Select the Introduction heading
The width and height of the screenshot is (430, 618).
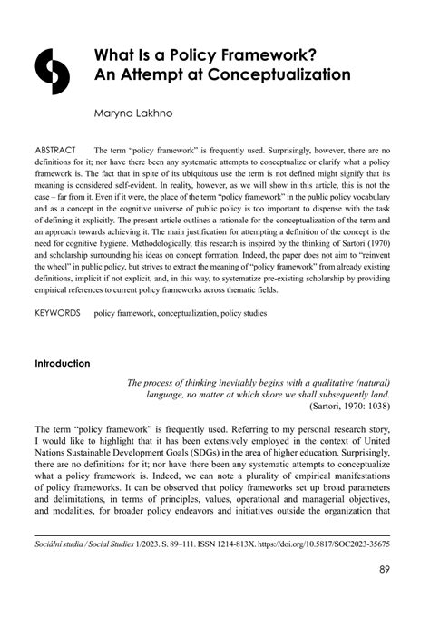pyautogui.click(x=63, y=364)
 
